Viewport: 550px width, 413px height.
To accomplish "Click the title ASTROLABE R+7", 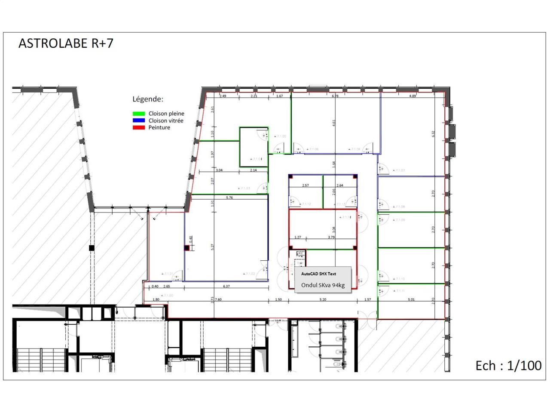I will (66, 43).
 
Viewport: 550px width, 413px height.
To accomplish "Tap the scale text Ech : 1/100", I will (508, 366).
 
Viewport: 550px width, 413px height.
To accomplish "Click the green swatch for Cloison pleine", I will (138, 114).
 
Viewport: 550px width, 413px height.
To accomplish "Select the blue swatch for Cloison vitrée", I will (138, 120).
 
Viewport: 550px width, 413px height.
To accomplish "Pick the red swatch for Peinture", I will (138, 127).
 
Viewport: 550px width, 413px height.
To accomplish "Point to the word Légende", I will (147, 99).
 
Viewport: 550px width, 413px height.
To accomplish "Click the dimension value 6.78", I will (335, 96).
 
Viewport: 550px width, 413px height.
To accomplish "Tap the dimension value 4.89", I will (412, 96).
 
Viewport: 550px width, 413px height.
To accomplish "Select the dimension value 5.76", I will (229, 198).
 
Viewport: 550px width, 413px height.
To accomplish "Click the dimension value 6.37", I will (226, 287).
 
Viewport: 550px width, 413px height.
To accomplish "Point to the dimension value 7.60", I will (218, 299).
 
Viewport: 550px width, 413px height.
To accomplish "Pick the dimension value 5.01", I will (411, 299).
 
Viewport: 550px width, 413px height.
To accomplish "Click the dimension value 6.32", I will (433, 134).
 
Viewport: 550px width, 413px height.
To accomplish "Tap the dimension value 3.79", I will (331, 237).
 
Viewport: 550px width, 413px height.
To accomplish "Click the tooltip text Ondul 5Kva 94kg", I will (323, 285).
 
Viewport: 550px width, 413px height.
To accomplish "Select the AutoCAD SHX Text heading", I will (318, 274).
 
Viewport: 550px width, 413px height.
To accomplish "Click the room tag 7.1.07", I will (399, 170).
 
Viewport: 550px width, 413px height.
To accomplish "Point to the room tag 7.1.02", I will (249, 274).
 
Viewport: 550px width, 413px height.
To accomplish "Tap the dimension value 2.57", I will (306, 185).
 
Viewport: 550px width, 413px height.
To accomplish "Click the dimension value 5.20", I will (323, 299).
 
